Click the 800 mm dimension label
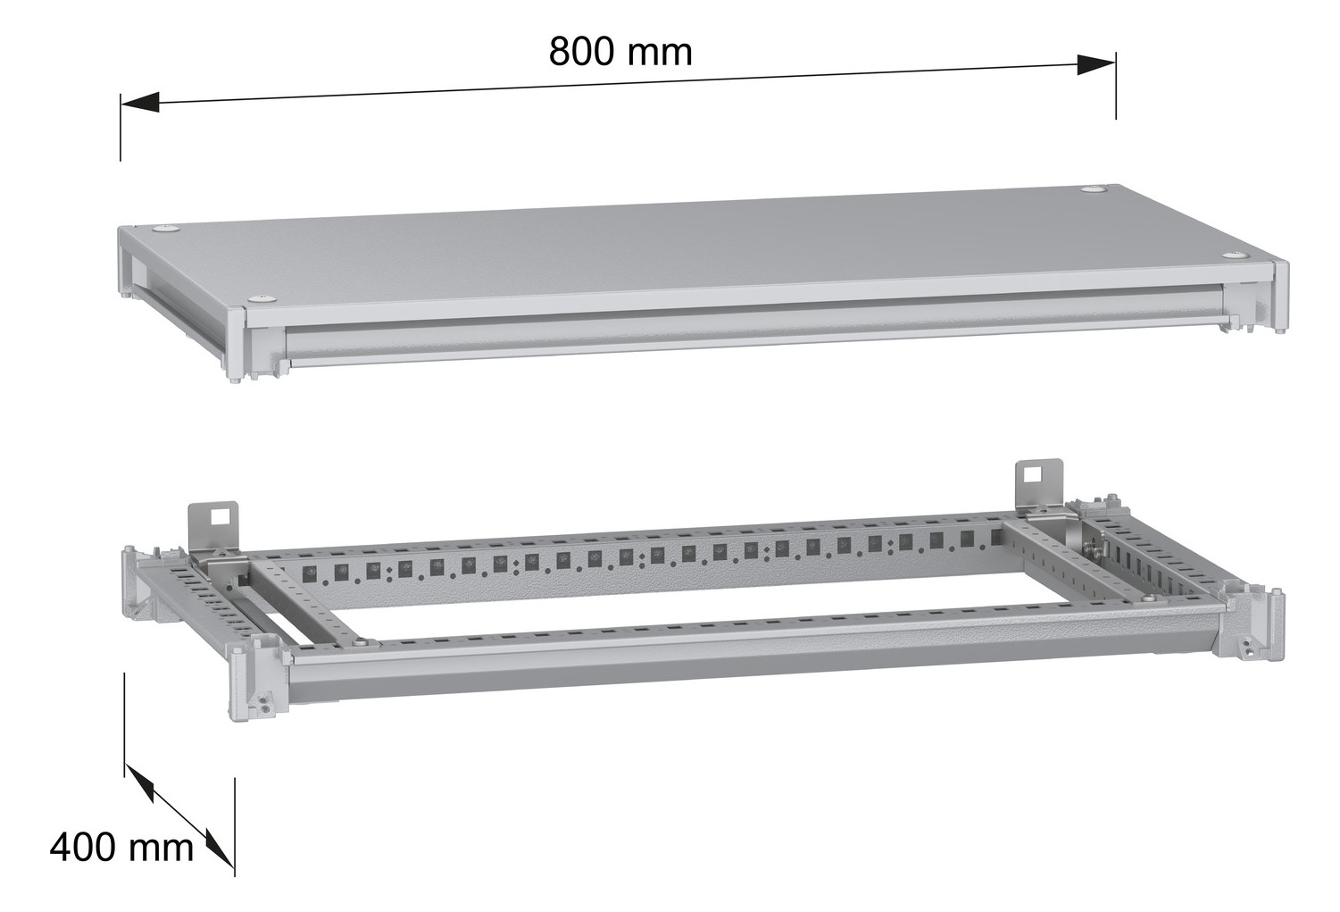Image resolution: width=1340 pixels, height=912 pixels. (x=620, y=52)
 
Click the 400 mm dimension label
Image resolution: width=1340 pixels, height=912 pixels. (x=121, y=846)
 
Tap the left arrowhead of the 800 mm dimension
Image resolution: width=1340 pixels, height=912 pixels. (x=140, y=103)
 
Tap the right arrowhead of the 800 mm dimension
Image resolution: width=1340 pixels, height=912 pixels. (x=1095, y=63)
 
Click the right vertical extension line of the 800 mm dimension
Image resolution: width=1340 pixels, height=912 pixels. (x=1115, y=89)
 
